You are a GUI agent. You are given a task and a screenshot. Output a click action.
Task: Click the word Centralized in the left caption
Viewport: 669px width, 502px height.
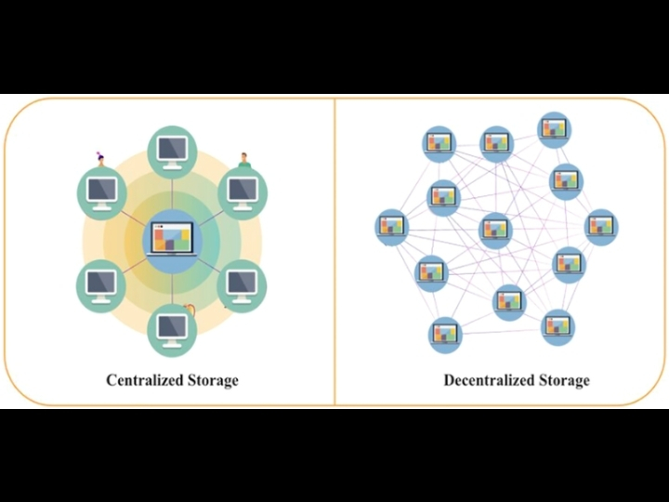pos(144,380)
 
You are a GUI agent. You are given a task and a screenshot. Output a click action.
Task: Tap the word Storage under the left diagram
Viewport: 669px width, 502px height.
pos(211,380)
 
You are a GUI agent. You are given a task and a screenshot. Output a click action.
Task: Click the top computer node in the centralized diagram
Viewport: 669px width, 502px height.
pos(172,149)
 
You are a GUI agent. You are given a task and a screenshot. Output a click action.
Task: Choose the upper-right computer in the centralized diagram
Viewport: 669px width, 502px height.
pos(243,191)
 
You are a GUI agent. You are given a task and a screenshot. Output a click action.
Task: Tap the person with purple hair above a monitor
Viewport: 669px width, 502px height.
pos(100,157)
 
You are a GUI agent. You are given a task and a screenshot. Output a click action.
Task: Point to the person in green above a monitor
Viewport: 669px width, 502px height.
pos(245,160)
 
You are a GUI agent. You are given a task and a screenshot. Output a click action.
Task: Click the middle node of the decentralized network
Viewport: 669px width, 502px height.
pos(495,229)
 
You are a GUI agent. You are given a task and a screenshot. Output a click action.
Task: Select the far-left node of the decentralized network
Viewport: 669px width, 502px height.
pos(391,226)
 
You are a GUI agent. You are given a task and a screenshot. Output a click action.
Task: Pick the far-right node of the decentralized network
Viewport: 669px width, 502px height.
pos(601,226)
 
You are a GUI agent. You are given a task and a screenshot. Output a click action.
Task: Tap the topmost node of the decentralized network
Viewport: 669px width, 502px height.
pos(554,127)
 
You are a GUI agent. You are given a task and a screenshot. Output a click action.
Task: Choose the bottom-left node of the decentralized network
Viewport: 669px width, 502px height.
pos(444,333)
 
